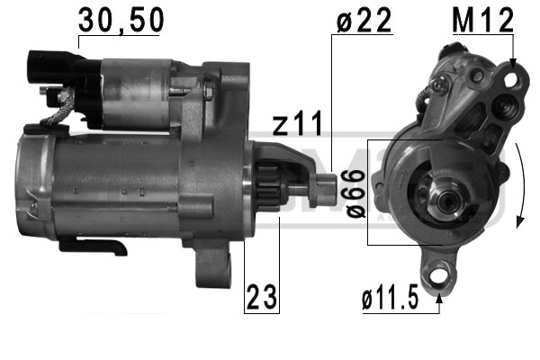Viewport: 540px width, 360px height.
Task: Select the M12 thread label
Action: (x=481, y=20)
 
